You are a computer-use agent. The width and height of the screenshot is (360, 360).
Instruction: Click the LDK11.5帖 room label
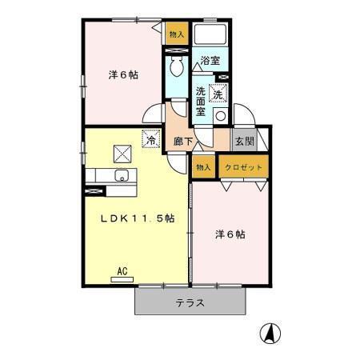(137, 220)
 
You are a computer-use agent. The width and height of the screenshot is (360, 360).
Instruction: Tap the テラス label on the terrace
(190, 303)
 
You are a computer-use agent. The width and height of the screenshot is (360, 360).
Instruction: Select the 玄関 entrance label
(244, 142)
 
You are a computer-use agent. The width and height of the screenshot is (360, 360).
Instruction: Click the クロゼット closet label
(242, 167)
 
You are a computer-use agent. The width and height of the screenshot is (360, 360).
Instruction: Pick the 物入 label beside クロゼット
(203, 167)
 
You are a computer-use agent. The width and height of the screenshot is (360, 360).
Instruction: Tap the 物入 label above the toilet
(176, 34)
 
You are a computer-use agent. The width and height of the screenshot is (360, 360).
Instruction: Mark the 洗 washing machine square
(218, 94)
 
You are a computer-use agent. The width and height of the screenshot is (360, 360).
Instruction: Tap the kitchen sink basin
(123, 176)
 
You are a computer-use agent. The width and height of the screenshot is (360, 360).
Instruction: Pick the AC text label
(122, 270)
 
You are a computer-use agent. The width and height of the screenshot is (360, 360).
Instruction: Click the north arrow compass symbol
(273, 333)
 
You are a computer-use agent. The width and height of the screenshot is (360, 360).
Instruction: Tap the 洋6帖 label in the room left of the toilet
(123, 75)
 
